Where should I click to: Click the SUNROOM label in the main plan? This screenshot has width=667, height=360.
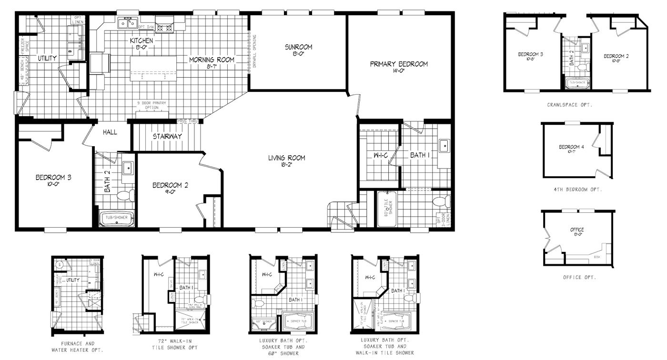coord(298,47)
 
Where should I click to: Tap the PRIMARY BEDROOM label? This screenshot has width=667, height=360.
coord(399,64)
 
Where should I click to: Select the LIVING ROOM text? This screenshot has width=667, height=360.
coord(286,158)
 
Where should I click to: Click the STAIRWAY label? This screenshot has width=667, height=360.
coord(167,137)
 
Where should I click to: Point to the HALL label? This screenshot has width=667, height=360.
coord(110,132)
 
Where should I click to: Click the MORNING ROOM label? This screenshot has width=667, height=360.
coord(212,60)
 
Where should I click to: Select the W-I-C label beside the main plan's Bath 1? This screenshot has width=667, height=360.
coord(379,155)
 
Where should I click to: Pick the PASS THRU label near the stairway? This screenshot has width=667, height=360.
coord(187,121)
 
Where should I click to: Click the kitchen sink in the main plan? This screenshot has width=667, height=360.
coord(127,22)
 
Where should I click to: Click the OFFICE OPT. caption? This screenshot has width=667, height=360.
coord(579,277)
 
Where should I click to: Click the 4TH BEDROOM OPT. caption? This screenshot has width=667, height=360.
coord(577,190)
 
